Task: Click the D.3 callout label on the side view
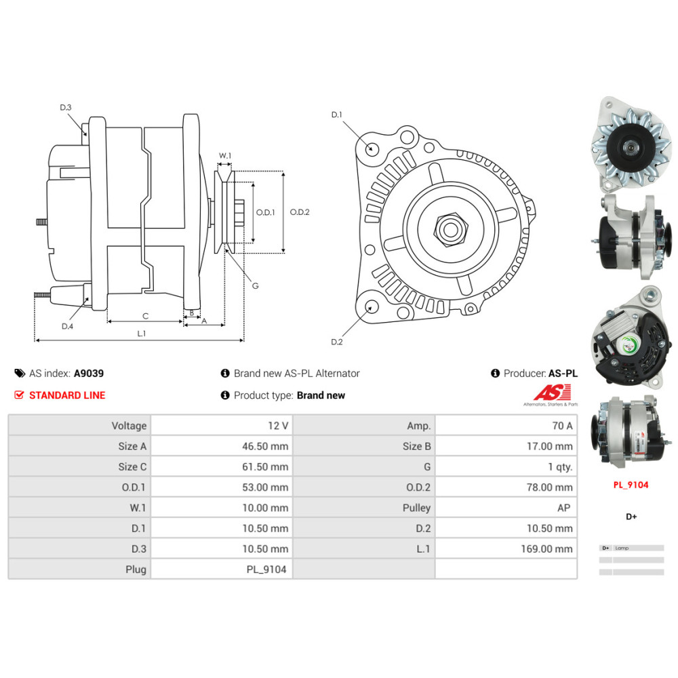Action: tap(65, 107)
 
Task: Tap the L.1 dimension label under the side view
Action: tap(142, 333)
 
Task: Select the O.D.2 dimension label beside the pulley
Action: tap(299, 212)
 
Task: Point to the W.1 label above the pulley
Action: tap(224, 156)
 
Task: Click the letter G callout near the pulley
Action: tap(255, 285)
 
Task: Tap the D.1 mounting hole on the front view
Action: tap(371, 148)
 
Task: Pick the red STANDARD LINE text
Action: tap(67, 395)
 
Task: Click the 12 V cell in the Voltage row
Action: tap(278, 426)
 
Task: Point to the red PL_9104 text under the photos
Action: tap(631, 485)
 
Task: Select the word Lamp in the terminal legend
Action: tap(622, 548)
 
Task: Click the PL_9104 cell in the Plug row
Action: tap(266, 569)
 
